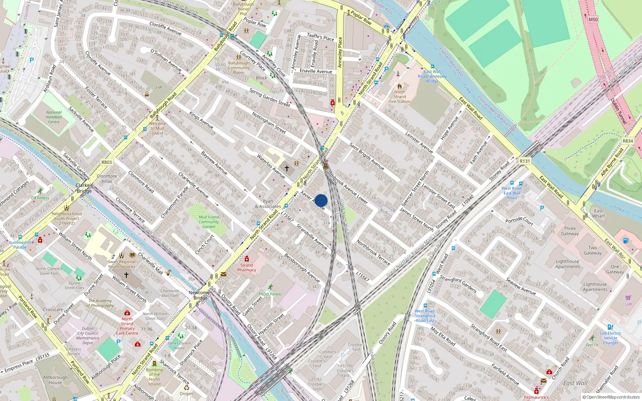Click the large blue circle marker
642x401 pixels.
click(321, 200)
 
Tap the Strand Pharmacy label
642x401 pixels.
click(246, 267)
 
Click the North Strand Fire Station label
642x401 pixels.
click(400, 97)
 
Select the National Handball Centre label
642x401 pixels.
click(54, 117)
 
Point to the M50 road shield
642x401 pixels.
click(593, 19)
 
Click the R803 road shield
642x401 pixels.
click(107, 162)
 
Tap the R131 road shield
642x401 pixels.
click(525, 161)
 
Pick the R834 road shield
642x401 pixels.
click(628, 141)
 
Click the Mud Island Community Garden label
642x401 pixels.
click(209, 222)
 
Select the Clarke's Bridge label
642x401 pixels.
click(84, 188)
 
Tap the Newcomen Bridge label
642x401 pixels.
click(201, 295)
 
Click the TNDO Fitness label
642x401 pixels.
click(270, 294)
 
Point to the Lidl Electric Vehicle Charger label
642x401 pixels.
click(610, 338)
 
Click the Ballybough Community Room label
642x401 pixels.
click(239, 68)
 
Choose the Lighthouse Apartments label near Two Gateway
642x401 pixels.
click(568, 264)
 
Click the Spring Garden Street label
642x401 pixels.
click(270, 97)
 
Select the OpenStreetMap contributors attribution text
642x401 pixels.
click(611, 397)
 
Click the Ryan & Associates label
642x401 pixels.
click(268, 204)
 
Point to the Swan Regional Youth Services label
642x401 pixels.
click(122, 264)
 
